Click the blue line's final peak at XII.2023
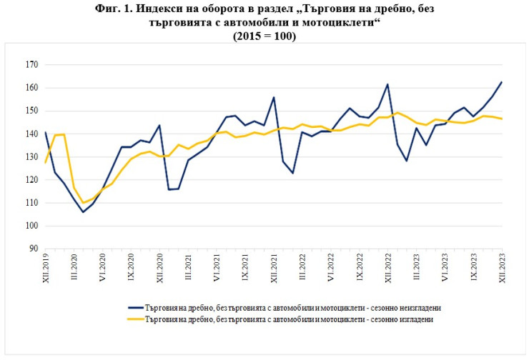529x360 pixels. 501,82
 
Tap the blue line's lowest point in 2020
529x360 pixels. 83,212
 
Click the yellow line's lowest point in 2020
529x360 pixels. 83,203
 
